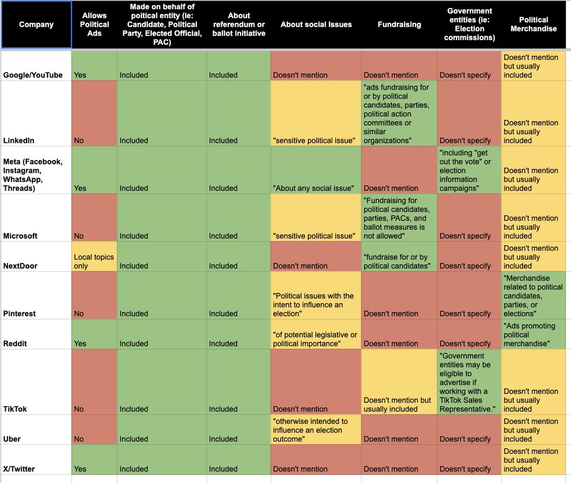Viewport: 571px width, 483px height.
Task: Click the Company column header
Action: point(36,24)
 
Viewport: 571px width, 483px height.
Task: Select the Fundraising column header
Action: point(399,24)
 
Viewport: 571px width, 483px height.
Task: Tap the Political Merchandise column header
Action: point(533,24)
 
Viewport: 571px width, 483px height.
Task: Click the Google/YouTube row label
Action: point(33,75)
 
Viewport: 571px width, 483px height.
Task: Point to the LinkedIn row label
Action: point(19,141)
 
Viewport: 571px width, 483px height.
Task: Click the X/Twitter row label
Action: point(19,469)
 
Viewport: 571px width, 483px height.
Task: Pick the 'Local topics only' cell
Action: point(94,261)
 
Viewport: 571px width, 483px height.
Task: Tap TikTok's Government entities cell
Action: point(469,382)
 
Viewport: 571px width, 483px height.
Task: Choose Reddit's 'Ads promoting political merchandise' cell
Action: point(533,334)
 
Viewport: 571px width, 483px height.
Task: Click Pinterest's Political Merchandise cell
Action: point(533,295)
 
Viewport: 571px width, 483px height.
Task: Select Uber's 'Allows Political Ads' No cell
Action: point(94,430)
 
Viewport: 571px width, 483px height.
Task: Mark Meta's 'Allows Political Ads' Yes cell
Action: point(94,170)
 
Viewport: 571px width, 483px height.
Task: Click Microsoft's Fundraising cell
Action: point(399,218)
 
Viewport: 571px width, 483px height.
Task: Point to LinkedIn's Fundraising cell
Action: point(399,114)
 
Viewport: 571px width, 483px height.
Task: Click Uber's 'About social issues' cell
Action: point(315,430)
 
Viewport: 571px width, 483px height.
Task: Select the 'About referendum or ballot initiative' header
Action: point(239,24)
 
